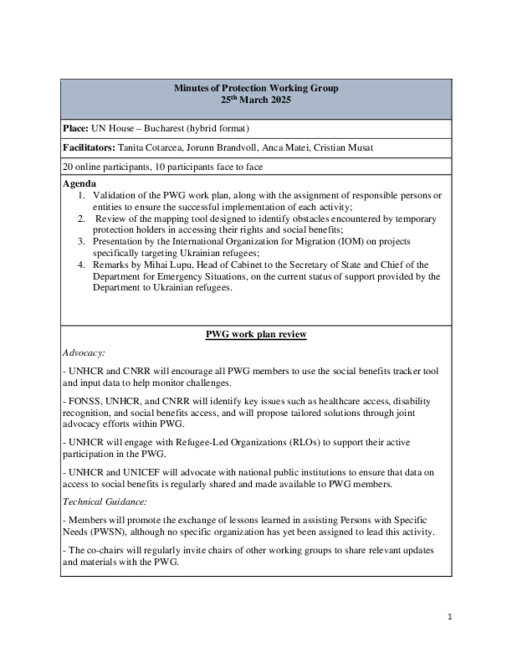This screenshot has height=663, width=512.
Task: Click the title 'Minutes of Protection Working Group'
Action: (256, 88)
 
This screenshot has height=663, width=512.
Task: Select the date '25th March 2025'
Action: (256, 100)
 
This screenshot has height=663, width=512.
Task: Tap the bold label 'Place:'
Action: (75, 129)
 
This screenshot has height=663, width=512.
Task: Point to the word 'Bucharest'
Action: (164, 129)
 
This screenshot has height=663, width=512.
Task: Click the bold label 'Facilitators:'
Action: (89, 148)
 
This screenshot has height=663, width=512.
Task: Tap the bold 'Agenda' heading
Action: (79, 184)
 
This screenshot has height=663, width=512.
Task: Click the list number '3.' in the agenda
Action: (81, 241)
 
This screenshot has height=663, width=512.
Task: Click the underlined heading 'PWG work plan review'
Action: (256, 334)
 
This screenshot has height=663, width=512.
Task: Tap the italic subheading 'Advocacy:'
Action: (83, 353)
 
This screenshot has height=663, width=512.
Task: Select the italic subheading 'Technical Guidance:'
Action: (104, 501)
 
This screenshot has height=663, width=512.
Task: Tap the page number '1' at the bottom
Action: (449, 617)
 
